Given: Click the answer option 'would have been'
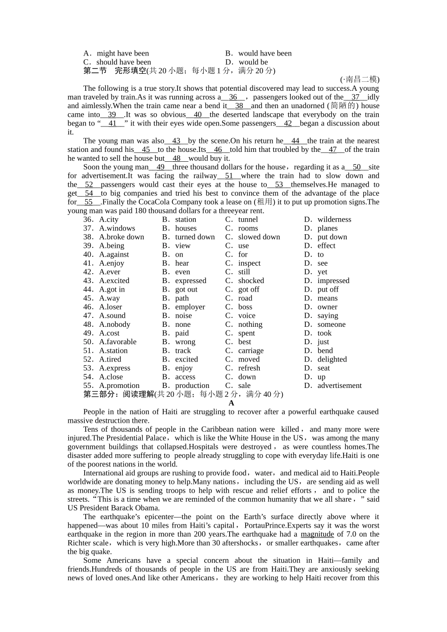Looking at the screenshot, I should [x=265, y=53].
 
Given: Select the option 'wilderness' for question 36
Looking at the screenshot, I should [x=334, y=219].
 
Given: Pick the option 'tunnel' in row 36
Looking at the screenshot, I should [x=248, y=219].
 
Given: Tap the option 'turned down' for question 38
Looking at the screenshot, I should [x=195, y=237].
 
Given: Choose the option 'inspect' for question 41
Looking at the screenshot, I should [x=249, y=263].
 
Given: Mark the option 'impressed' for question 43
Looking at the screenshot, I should [x=333, y=281].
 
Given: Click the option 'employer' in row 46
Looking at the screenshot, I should [x=190, y=307].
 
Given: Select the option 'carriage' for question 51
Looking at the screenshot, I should [x=251, y=351].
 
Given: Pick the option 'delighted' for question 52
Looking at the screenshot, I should [x=332, y=359].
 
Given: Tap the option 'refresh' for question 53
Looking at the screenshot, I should [x=249, y=368].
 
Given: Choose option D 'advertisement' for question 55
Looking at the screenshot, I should [x=339, y=386].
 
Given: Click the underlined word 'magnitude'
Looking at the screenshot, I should [x=317, y=534].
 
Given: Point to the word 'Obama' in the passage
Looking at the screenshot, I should [x=146, y=508].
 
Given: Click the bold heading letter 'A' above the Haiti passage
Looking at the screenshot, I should [x=231, y=403].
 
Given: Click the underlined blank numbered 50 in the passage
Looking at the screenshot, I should [x=357, y=167].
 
